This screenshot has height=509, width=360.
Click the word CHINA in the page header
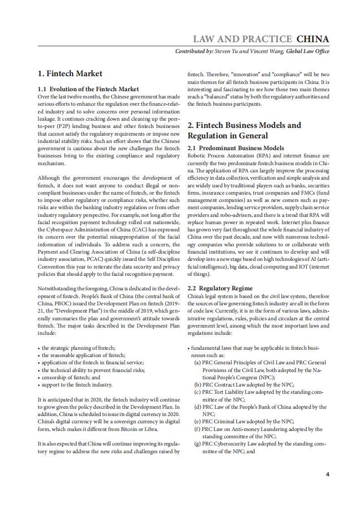[313, 39]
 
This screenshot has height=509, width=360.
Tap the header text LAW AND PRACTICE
[242, 39]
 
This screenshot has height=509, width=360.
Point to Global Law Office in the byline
[307, 51]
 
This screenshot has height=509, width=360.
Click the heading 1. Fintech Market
[70, 73]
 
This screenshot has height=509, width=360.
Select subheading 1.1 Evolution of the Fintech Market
[88, 89]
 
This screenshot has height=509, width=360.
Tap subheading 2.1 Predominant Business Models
[236, 148]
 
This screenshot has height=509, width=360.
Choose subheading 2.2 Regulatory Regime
[220, 288]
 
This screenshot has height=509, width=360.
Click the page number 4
[327, 475]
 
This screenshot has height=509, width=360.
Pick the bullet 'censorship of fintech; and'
[71, 377]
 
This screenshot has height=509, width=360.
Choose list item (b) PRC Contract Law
[243, 385]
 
